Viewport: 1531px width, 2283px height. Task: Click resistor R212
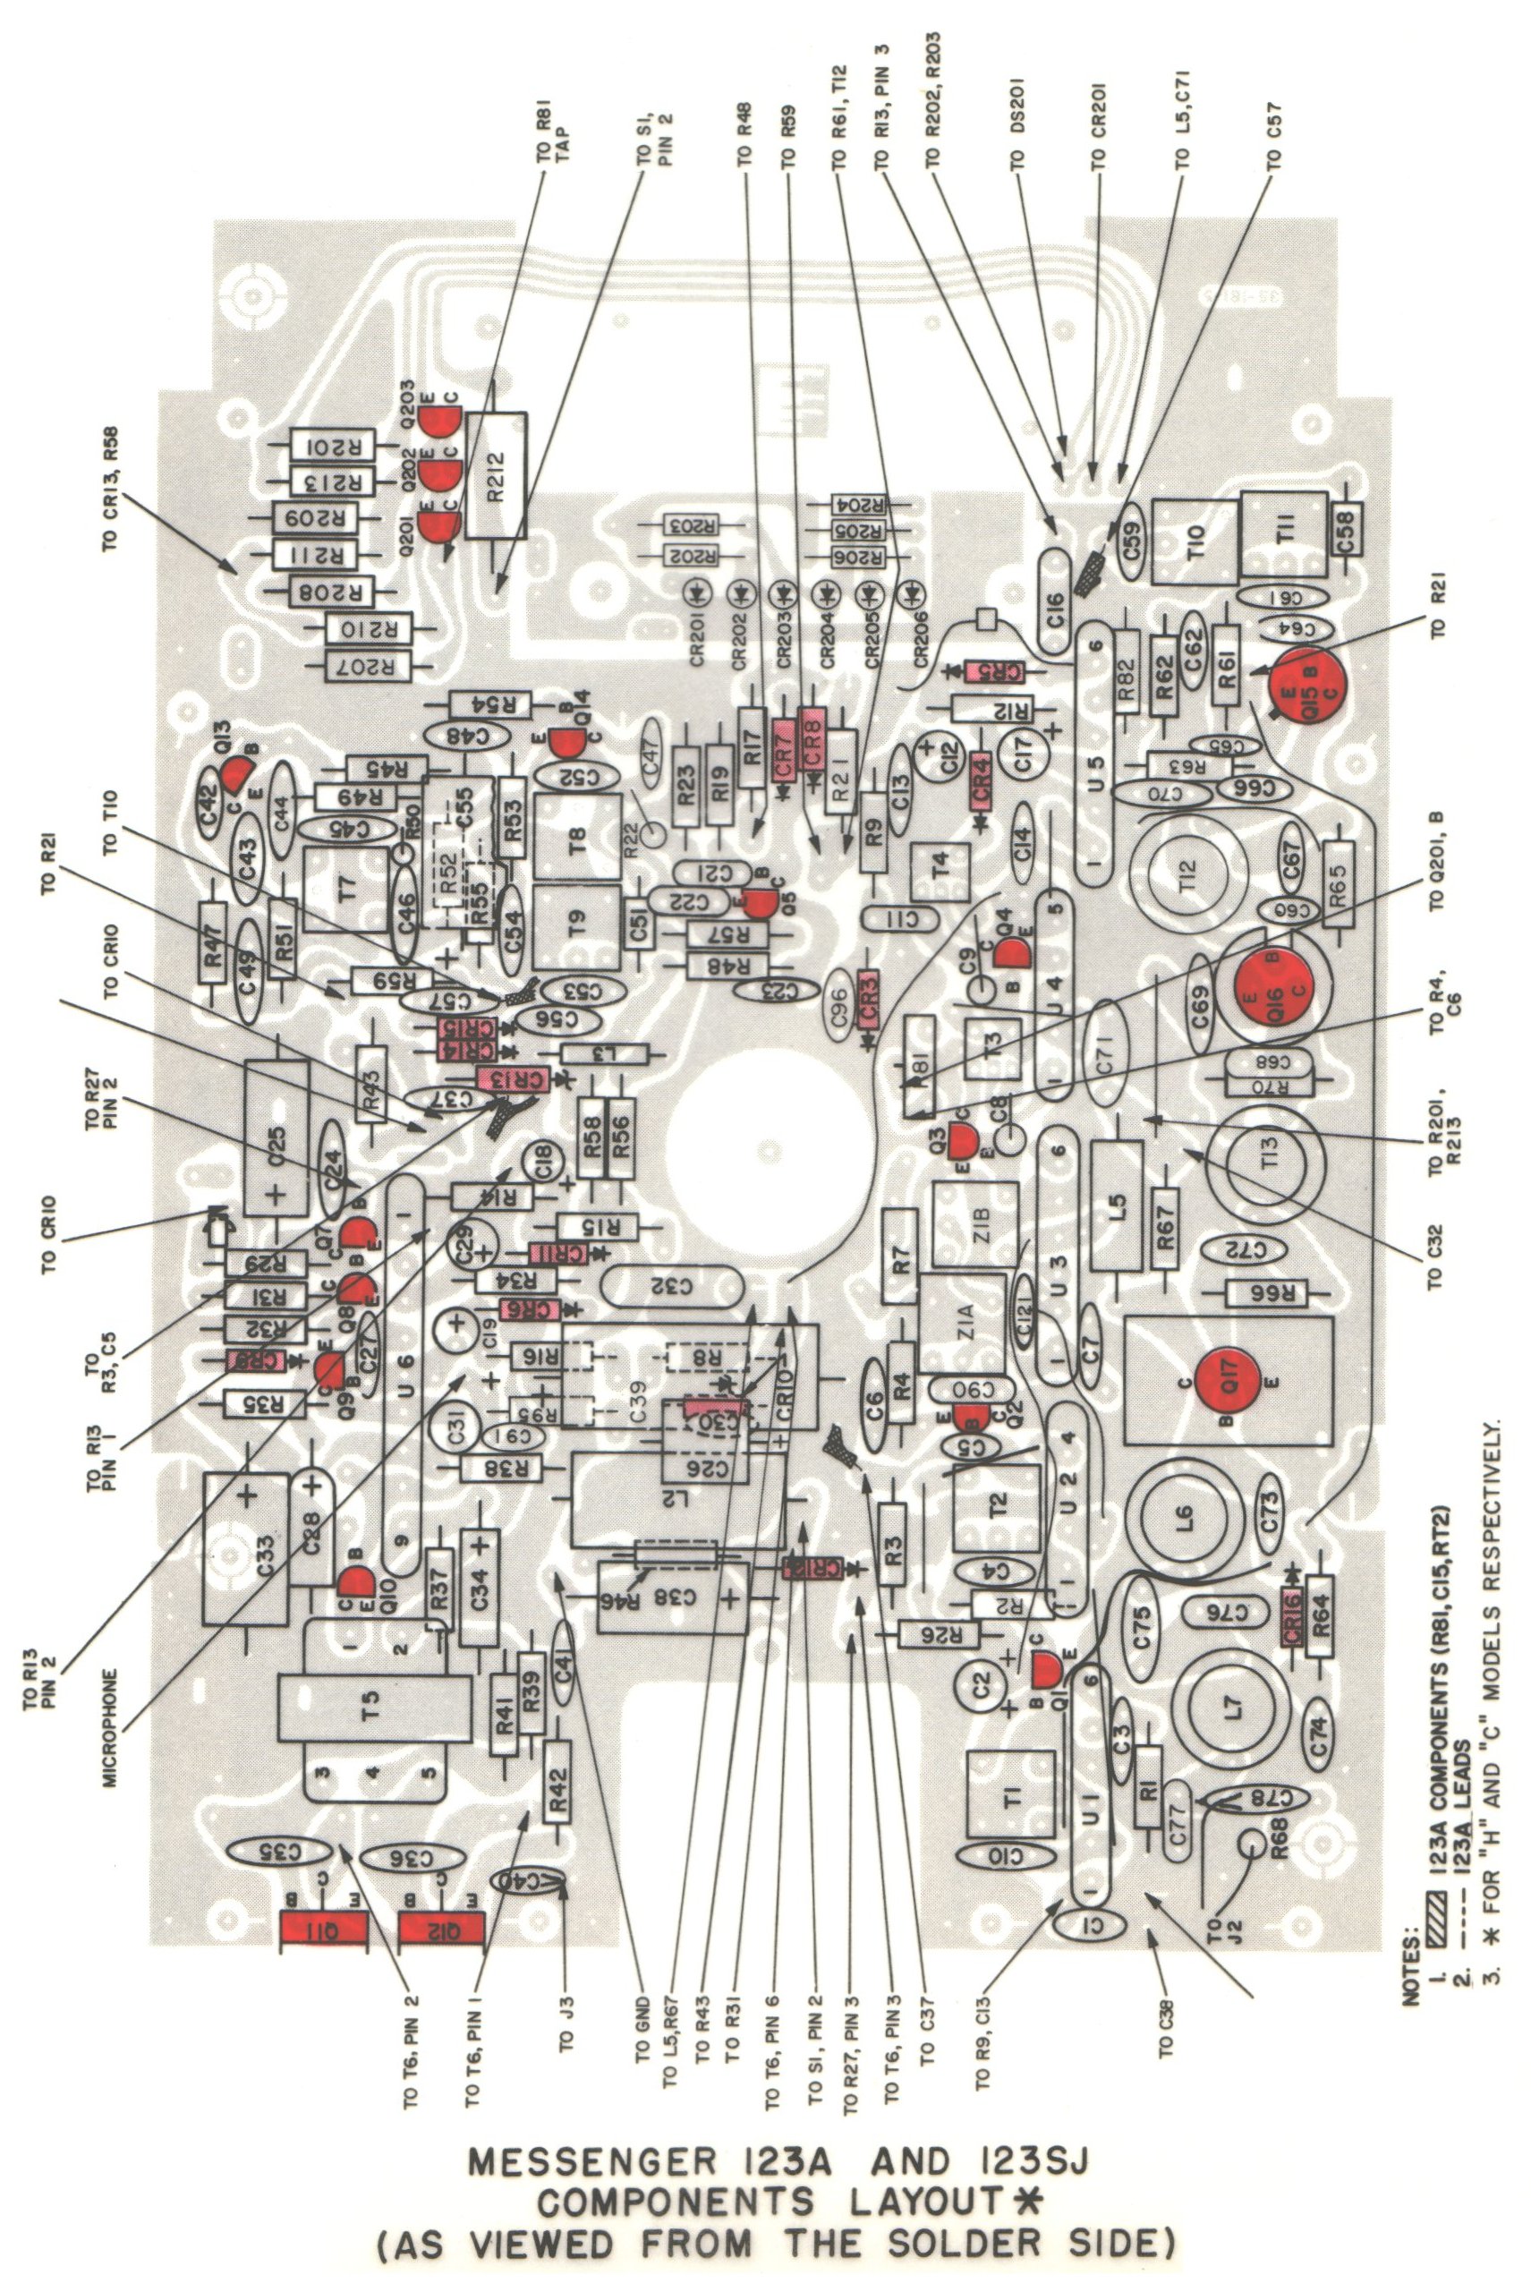[497, 475]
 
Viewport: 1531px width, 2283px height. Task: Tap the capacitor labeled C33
[246, 1550]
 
